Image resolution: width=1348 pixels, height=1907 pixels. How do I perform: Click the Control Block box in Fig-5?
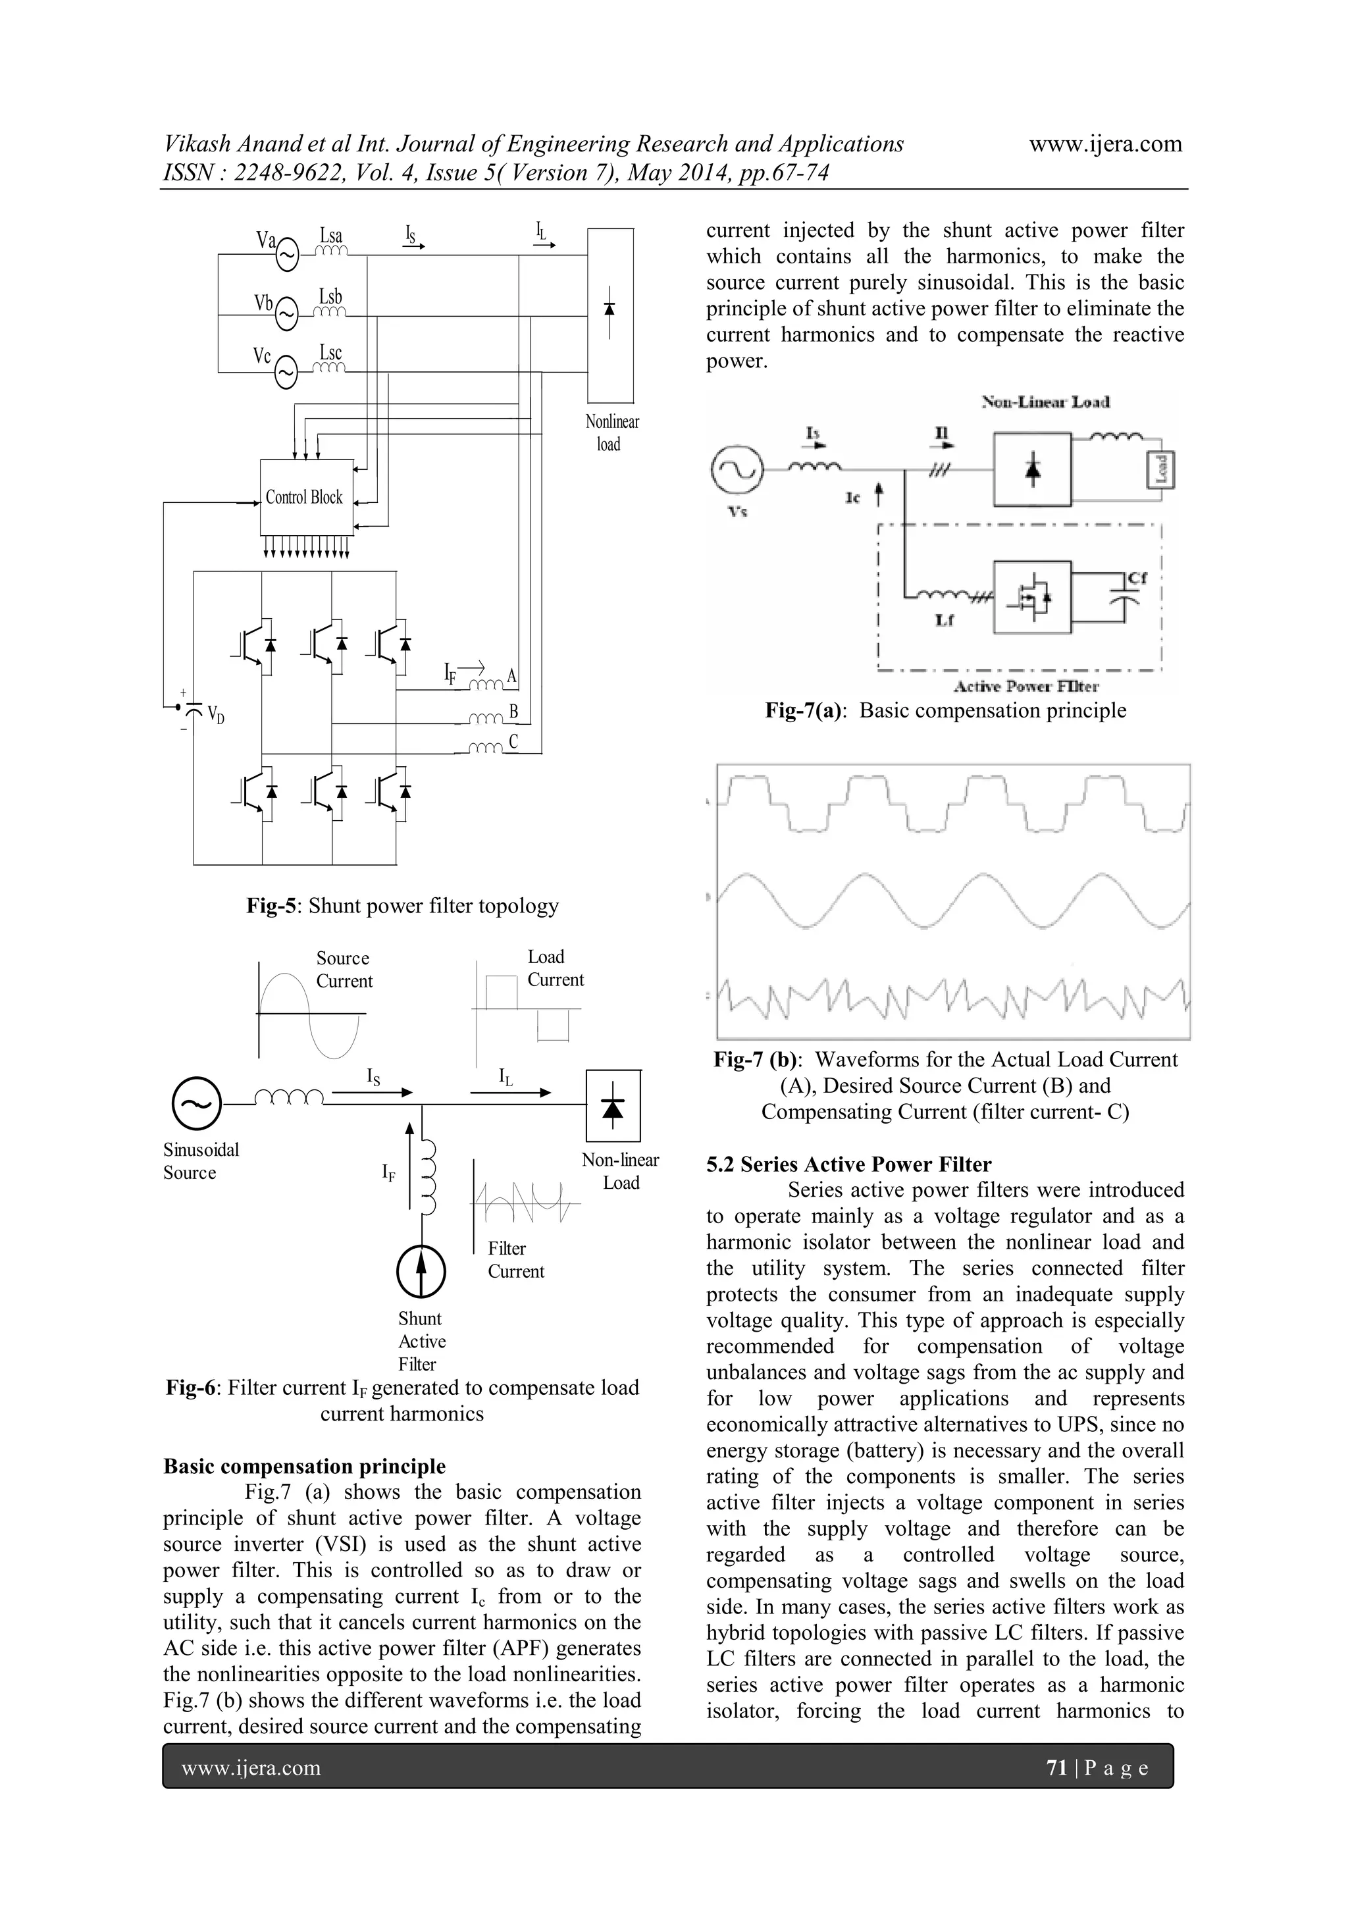click(305, 497)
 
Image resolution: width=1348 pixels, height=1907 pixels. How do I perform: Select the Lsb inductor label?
click(330, 296)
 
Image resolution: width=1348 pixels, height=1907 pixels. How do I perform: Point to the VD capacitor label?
click(216, 714)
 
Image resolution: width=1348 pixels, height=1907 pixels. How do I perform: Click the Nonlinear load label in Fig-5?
click(612, 432)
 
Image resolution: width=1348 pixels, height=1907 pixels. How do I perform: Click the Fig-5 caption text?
click(402, 906)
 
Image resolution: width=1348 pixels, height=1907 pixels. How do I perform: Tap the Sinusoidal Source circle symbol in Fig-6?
click(197, 1104)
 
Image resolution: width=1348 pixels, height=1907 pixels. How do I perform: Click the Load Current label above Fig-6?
click(555, 968)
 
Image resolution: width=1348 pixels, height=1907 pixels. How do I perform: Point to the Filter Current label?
click(515, 1260)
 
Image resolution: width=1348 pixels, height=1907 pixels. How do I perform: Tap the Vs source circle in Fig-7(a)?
click(736, 469)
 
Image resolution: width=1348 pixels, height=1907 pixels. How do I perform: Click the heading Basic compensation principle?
click(304, 1466)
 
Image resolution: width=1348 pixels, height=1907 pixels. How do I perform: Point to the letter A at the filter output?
click(511, 676)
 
